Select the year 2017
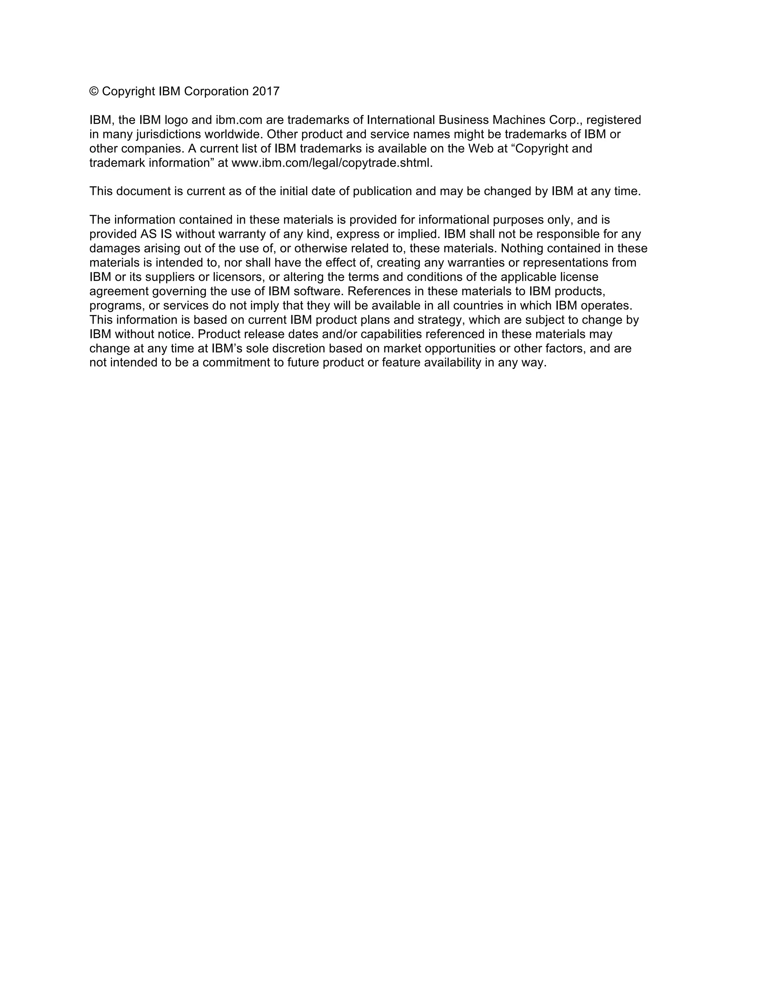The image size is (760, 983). click(x=266, y=91)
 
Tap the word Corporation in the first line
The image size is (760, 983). click(x=216, y=91)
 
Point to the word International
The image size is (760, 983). click(x=401, y=120)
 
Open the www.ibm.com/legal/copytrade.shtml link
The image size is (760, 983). click(x=331, y=163)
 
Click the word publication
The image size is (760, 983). click(x=382, y=191)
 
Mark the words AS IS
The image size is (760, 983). click(x=156, y=234)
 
